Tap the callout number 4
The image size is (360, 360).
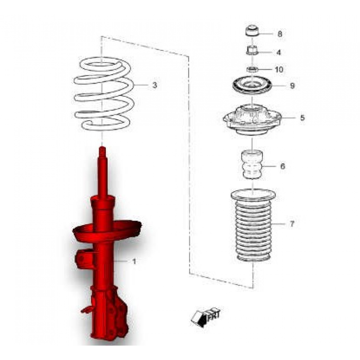point(279,52)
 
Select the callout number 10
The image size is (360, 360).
point(279,70)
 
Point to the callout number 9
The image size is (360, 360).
point(292,85)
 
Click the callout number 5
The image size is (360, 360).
point(302,118)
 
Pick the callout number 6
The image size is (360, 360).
point(283,166)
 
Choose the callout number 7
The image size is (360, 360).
point(292,224)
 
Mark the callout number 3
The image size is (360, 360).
point(154,85)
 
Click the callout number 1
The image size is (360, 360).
point(133,261)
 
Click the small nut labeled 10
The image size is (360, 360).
point(252,69)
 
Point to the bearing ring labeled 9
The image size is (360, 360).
point(252,85)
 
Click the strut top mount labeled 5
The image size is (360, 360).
point(252,119)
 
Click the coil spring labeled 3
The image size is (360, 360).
point(103,94)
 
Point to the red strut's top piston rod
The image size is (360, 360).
point(103,171)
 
